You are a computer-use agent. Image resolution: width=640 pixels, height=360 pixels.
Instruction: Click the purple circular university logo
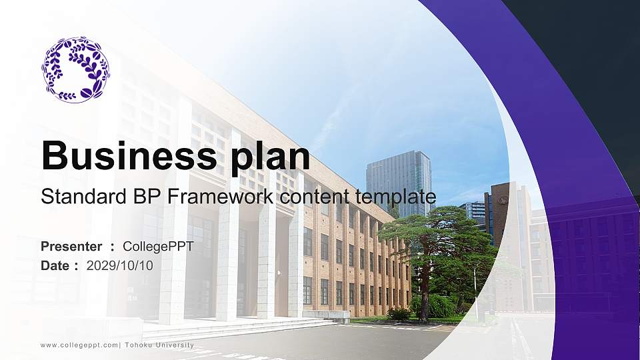point(75,69)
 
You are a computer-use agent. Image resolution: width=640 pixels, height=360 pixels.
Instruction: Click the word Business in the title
point(126,156)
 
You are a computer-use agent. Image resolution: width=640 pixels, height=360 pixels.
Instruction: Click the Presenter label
point(71,247)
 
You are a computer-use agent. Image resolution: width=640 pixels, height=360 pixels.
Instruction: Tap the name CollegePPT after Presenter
point(159,247)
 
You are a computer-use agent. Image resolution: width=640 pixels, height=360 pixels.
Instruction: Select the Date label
point(55,265)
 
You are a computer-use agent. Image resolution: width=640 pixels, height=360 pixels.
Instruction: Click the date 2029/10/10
point(120,265)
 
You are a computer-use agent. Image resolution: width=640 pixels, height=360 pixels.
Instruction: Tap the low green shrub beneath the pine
point(400,313)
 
